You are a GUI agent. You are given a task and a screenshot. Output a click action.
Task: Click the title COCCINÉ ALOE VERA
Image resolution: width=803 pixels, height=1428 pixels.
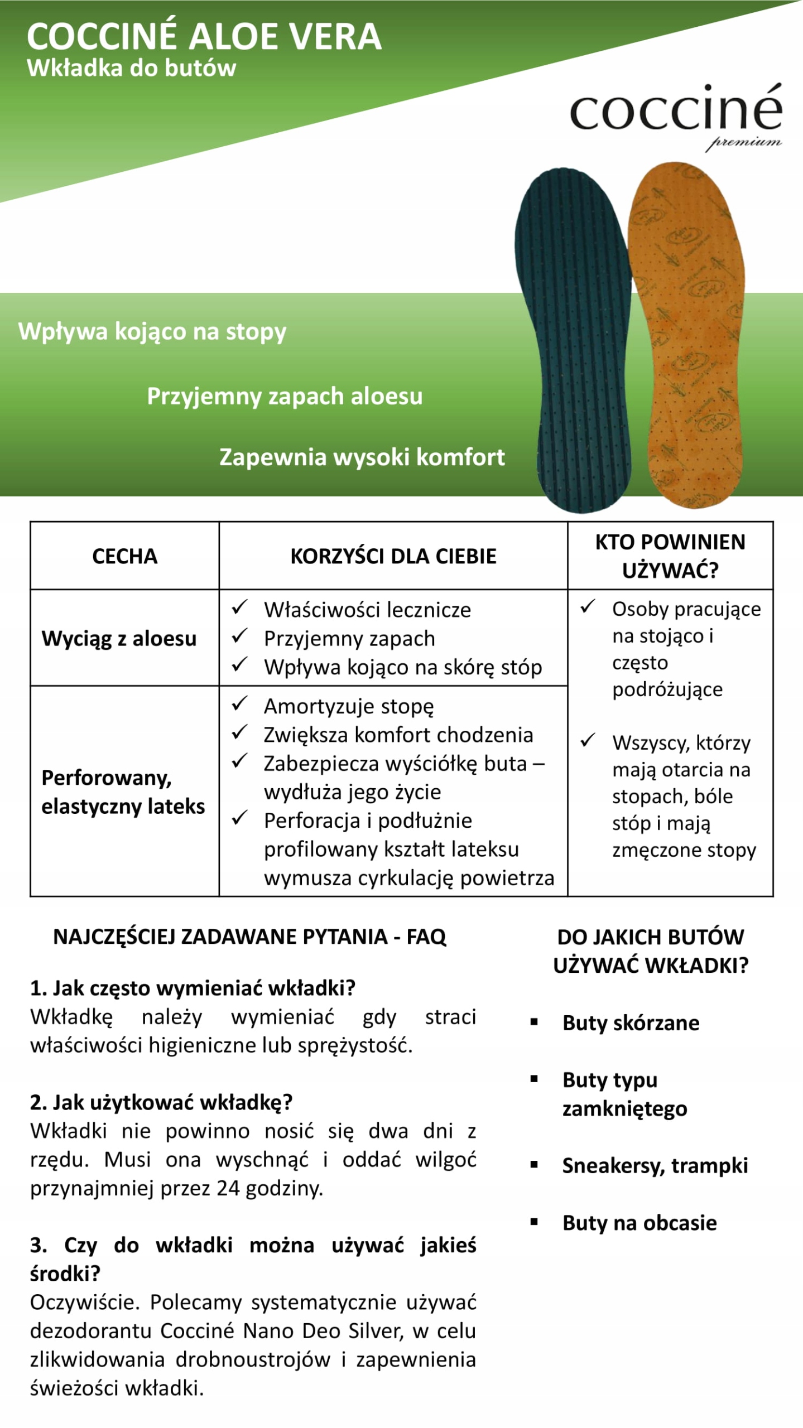pos(204,37)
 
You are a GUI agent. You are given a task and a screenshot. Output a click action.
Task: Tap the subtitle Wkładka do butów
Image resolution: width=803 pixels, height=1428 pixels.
pos(132,68)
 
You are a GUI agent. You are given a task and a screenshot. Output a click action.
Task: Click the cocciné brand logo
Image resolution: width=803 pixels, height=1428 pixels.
pos(676,109)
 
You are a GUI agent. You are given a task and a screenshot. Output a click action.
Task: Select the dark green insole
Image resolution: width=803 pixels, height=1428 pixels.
pos(575,340)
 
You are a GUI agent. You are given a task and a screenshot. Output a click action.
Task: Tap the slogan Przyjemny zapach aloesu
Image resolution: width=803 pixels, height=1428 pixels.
pos(285,396)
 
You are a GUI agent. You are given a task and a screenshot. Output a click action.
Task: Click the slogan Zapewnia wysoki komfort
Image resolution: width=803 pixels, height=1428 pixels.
pos(362,457)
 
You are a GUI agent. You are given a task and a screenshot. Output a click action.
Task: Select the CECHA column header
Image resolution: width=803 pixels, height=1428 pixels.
pos(124,556)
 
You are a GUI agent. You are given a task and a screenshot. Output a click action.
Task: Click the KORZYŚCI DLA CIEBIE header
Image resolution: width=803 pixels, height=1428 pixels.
pos(393,556)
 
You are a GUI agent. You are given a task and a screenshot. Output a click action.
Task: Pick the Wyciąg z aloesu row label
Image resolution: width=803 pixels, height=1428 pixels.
pos(119,638)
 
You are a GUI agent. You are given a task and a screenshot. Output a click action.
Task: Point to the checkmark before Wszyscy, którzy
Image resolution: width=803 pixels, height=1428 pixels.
pos(588,740)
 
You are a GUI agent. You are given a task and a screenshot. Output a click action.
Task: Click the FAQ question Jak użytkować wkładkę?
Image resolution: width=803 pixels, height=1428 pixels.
pos(161,1102)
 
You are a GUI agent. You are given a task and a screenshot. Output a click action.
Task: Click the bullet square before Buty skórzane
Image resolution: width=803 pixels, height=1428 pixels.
pos(534,1022)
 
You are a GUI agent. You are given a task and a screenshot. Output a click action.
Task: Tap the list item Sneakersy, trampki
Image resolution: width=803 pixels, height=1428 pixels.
pos(655,1165)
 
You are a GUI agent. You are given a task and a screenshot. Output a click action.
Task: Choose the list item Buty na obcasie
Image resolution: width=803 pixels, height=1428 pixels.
pos(639,1223)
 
